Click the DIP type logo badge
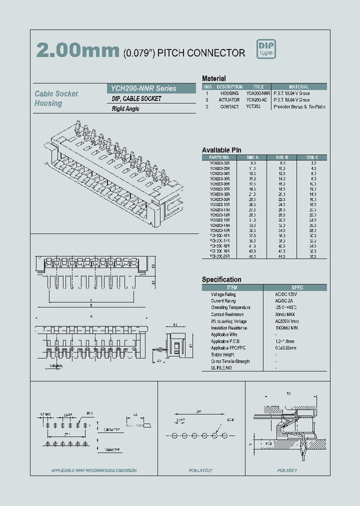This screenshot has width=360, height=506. click(266, 49)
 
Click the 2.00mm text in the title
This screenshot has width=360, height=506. click(78, 50)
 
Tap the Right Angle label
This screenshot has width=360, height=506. click(125, 109)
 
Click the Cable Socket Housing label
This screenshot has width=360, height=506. click(56, 98)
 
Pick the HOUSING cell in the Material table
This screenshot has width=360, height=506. click(229, 93)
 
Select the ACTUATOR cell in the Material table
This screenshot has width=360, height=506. click(229, 100)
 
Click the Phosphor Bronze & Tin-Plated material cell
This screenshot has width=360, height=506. click(299, 106)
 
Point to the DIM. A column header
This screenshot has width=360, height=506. click(253, 157)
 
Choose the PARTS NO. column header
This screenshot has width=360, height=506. click(219, 157)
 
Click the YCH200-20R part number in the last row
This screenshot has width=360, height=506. click(219, 256)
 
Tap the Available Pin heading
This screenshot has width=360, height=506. click(221, 150)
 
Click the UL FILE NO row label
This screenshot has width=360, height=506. click(221, 368)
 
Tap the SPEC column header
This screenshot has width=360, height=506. click(297, 287)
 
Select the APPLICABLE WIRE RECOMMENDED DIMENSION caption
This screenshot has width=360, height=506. click(93, 470)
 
